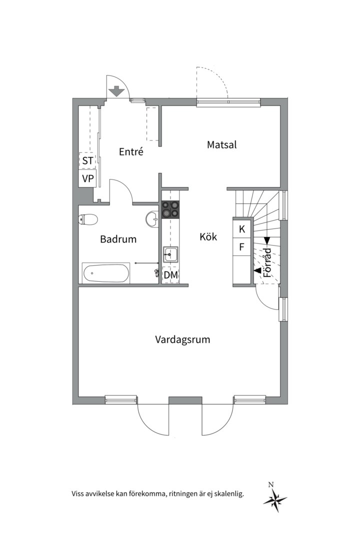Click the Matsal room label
(221, 145)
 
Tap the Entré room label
(131, 151)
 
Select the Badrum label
(118, 239)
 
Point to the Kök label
(208, 236)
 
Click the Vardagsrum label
(182, 340)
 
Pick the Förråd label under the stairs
(267, 262)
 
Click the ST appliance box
(87, 160)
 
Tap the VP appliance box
(87, 178)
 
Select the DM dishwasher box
(170, 274)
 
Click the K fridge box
(242, 229)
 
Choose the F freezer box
(242, 246)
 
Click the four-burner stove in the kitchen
(170, 209)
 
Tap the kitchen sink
(170, 254)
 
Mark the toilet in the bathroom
(88, 219)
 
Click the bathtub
(106, 273)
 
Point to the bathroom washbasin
(152, 218)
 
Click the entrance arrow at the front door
(116, 91)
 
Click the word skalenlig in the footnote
(227, 494)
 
